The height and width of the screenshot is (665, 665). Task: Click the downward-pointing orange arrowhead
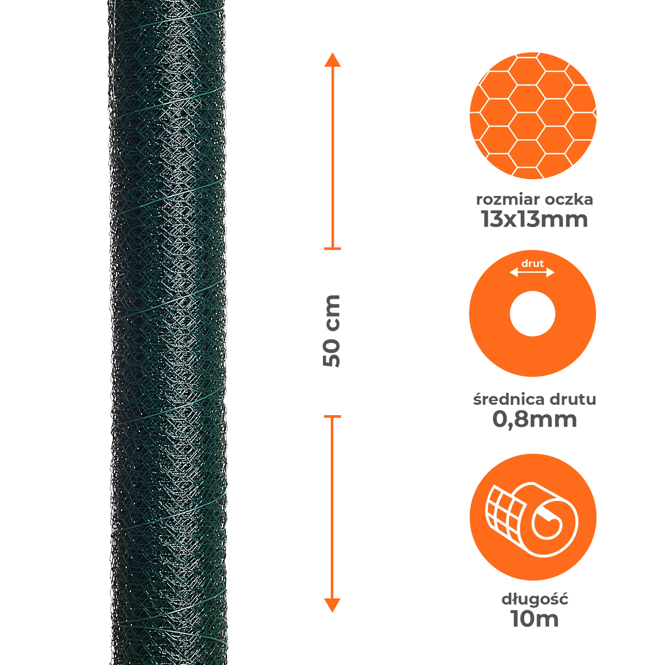click(x=332, y=605)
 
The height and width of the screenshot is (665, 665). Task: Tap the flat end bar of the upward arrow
click(x=332, y=249)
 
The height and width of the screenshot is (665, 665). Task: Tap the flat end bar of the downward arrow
click(x=332, y=416)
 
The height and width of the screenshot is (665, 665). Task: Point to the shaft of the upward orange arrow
click(x=332, y=158)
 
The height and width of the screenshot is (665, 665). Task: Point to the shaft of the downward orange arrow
click(x=332, y=507)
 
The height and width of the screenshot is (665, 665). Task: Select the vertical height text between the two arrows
click(x=332, y=331)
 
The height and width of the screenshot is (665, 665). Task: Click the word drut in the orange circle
click(x=532, y=264)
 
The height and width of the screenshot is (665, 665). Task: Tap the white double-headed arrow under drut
click(x=532, y=273)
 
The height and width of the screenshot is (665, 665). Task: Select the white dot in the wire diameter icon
click(x=532, y=313)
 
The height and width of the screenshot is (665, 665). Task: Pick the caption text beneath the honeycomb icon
click(x=534, y=210)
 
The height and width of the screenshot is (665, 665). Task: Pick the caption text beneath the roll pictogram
click(x=535, y=610)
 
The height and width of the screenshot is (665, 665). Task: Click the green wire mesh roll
click(x=168, y=332)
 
